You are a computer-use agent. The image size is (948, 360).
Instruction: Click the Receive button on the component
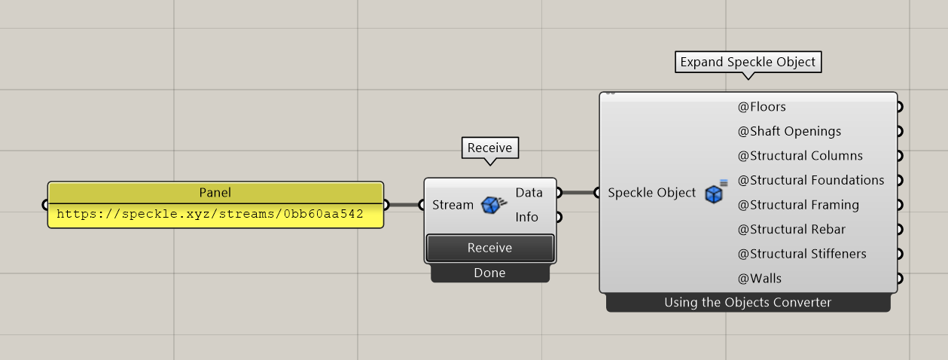(489, 248)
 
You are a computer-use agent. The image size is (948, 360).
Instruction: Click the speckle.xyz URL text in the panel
(210, 214)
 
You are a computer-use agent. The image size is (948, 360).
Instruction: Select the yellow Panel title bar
(215, 192)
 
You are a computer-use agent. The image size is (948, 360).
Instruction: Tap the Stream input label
(453, 205)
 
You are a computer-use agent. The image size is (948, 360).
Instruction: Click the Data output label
(529, 193)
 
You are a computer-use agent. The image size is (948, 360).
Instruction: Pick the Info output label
(526, 217)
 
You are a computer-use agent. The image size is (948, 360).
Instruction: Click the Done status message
(489, 273)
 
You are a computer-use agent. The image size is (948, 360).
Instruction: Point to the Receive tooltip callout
(489, 148)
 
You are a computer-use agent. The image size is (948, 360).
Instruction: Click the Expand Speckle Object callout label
(748, 62)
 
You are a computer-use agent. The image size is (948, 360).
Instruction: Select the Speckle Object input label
(651, 193)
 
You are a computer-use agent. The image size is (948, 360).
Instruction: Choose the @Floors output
(761, 107)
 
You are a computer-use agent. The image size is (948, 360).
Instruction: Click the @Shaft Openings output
(789, 131)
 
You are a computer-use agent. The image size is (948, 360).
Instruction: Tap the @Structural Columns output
(800, 156)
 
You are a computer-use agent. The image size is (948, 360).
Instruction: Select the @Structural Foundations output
(810, 180)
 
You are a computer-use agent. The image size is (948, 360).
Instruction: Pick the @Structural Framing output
(798, 205)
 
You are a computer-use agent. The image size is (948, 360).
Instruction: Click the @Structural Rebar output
(791, 229)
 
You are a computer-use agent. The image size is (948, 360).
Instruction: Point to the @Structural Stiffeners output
(802, 254)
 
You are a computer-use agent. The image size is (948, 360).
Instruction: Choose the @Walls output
(759, 278)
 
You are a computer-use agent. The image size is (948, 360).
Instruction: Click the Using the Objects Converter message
(748, 303)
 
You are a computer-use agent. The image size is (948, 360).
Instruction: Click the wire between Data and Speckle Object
(578, 193)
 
